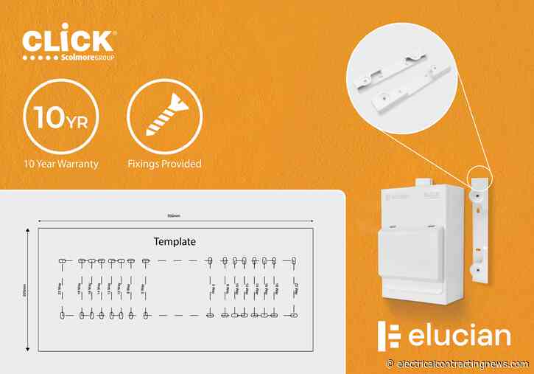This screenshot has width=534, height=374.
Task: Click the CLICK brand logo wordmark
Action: click(x=68, y=40)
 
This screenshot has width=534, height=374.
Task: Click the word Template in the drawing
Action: click(x=175, y=241)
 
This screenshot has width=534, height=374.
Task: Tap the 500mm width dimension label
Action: click(x=174, y=216)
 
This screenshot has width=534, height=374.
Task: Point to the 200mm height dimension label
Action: click(x=24, y=290)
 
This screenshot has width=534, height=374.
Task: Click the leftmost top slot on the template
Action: click(x=62, y=260)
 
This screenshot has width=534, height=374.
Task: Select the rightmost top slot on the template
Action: click(x=293, y=260)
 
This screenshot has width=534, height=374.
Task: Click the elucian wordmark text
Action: click(x=457, y=336)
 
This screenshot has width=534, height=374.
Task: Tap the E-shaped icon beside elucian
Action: click(x=389, y=336)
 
